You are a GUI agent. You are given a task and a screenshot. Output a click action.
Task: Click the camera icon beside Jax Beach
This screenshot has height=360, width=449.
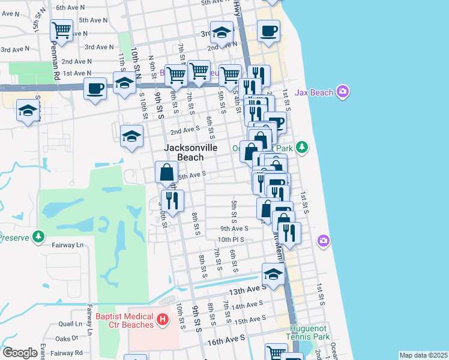coord(343,92)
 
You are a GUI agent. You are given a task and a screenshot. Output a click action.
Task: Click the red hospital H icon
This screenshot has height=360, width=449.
coord(161,321)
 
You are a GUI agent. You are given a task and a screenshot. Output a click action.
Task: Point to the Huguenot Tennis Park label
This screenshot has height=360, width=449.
coord(310,332)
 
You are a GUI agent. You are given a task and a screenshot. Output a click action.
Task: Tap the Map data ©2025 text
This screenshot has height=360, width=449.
coord(423,355)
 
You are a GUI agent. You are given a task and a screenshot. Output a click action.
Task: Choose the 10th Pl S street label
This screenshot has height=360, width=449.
coord(235,239)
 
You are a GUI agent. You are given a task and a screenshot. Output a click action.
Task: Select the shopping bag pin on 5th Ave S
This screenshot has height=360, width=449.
coord(166,172)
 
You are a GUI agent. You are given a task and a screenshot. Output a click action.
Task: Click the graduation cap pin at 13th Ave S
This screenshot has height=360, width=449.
coord(273,275)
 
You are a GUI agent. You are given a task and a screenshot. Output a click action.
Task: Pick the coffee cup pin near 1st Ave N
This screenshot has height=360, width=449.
coord(95,89)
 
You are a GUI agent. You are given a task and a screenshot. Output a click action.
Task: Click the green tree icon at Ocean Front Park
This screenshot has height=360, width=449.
coord(304,146)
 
